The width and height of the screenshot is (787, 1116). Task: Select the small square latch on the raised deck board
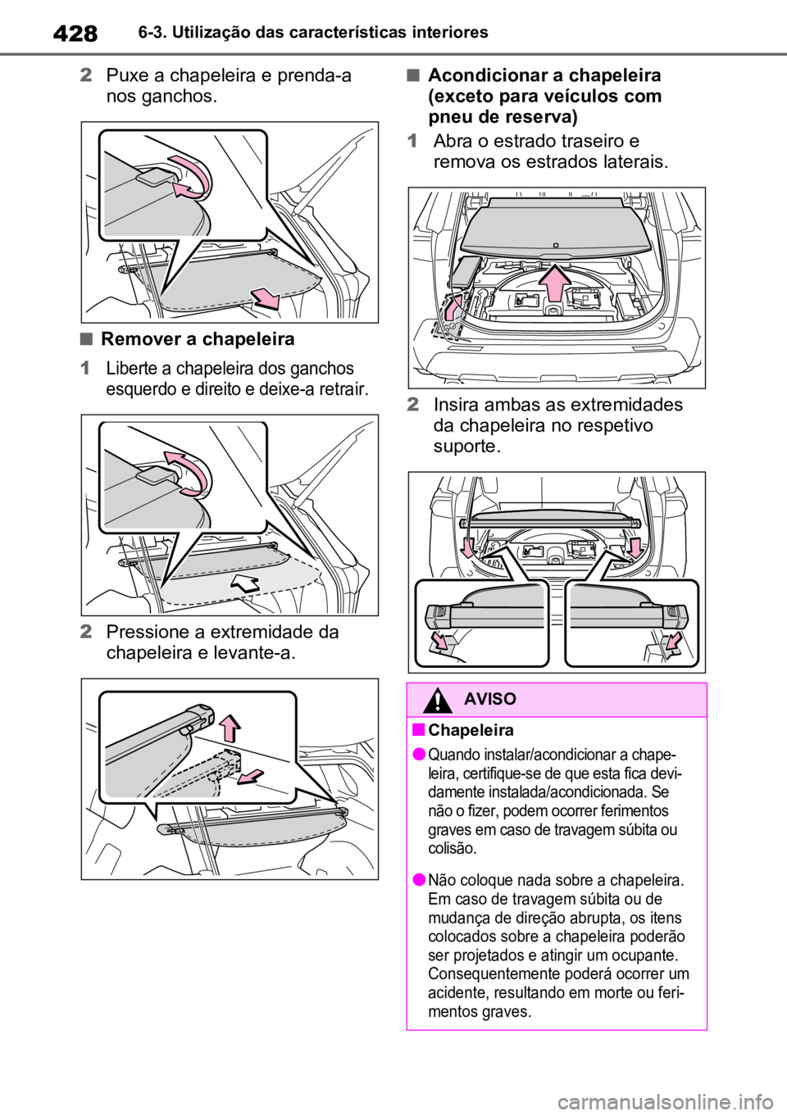click(555, 243)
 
